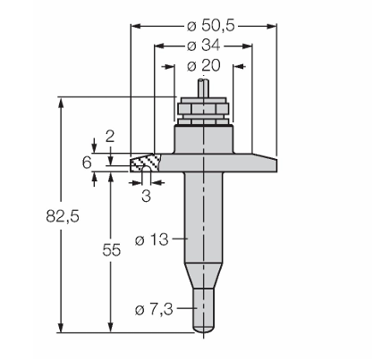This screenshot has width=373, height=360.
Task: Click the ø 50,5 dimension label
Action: pyautogui.click(x=211, y=26)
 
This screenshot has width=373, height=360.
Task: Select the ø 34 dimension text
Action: pyautogui.click(x=204, y=46)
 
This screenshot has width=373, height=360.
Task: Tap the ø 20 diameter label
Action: pyautogui.click(x=204, y=65)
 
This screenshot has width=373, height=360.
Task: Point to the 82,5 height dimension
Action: pyautogui.click(x=63, y=216)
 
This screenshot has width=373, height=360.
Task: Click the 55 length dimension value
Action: pyautogui.click(x=112, y=250)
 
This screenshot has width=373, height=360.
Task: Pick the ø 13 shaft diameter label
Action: pyautogui.click(x=151, y=239)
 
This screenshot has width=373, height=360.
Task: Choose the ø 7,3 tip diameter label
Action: pyautogui.click(x=154, y=310)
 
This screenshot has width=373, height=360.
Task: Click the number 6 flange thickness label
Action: pyautogui.click(x=87, y=163)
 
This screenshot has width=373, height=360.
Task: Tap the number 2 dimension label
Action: pyautogui.click(x=110, y=137)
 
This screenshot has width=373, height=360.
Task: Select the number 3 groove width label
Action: pyautogui.click(x=146, y=197)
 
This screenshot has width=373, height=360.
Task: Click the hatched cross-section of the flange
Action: pyautogui.click(x=145, y=163)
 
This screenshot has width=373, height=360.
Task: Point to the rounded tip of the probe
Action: pyautogui.click(x=204, y=329)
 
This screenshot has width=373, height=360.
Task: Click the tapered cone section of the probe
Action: pyautogui.click(x=204, y=276)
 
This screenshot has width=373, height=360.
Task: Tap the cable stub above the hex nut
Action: pyautogui.click(x=204, y=87)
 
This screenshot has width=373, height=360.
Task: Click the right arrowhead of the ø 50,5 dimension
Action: pyautogui.click(x=272, y=26)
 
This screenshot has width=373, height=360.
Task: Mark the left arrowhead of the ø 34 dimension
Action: pyautogui.click(x=158, y=46)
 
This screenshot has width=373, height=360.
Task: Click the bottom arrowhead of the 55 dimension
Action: pyautogui.click(x=111, y=327)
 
